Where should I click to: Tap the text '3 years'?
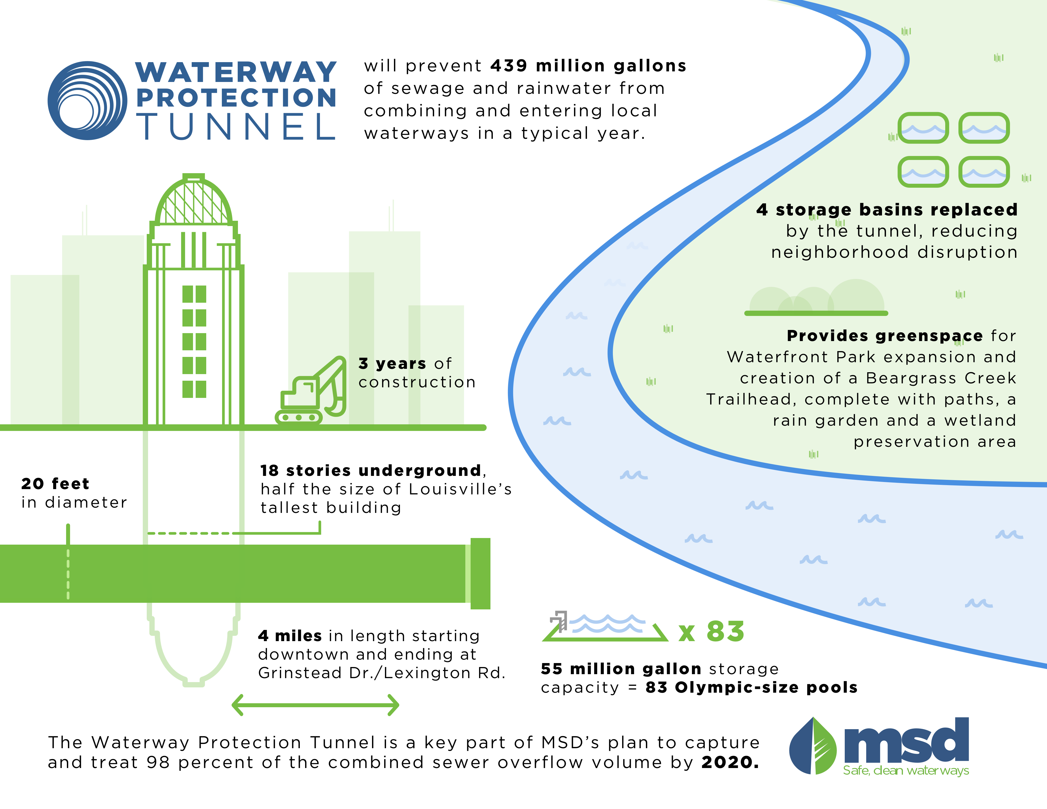[392, 364]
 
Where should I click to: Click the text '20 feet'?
[55, 484]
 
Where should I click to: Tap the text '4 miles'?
[290, 636]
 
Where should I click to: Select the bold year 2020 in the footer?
[730, 762]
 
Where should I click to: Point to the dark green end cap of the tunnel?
[480, 574]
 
